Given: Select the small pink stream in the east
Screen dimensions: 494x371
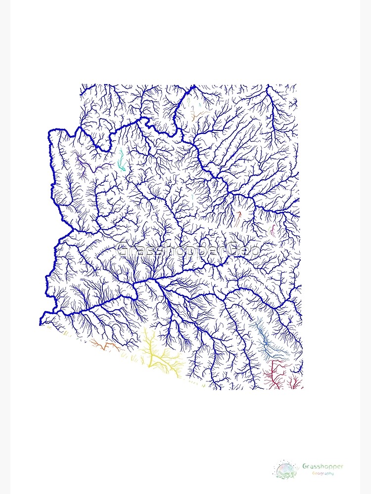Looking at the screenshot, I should pos(272,230).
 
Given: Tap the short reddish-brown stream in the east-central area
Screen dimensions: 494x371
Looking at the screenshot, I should pos(239,216).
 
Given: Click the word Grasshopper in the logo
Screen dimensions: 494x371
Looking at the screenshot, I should pos(323,466).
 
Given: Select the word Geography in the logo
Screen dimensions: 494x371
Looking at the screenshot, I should pos(323,473).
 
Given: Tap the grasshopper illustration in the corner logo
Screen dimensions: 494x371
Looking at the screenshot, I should pos(287,469).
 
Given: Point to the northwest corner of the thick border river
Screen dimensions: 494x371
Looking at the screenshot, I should pos(50,131).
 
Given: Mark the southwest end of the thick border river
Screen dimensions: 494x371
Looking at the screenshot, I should pos(42,324).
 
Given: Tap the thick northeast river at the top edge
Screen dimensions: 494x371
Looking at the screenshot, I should pos(268,87).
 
